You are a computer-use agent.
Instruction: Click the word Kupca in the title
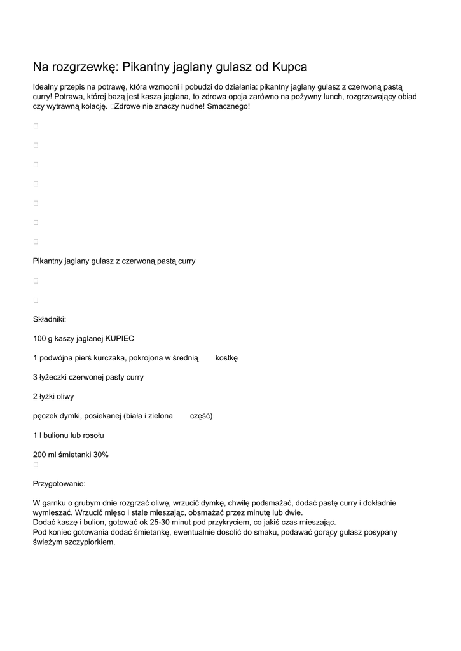(x=290, y=66)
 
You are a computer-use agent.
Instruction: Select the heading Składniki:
(x=50, y=319)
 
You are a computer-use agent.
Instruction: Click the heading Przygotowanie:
(x=59, y=483)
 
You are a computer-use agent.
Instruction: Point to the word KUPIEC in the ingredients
(x=120, y=338)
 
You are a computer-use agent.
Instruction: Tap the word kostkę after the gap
(x=226, y=358)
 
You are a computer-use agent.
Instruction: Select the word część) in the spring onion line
(x=202, y=416)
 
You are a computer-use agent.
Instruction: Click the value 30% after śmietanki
(x=101, y=455)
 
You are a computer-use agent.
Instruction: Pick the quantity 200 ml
(x=45, y=455)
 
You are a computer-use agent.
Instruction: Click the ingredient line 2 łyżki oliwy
(x=53, y=397)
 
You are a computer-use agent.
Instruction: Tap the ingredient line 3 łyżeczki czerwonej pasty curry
(x=88, y=377)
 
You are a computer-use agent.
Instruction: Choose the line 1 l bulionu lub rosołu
(x=69, y=435)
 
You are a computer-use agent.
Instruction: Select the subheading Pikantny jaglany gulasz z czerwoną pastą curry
(x=114, y=261)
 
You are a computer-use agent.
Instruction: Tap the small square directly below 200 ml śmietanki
(x=36, y=464)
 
